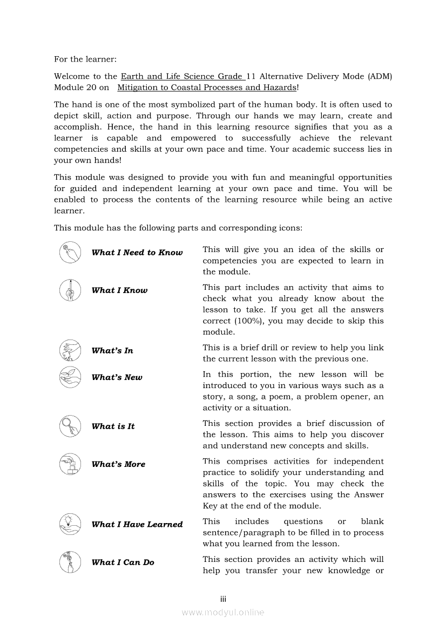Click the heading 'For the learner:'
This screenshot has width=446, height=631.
pos(85,59)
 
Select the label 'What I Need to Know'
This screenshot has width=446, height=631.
pos(137,253)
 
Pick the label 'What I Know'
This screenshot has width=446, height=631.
pos(119,290)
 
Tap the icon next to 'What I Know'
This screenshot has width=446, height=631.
pos(70,290)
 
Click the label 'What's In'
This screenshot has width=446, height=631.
pos(112,351)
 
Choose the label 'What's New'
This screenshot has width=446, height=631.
pos(117,378)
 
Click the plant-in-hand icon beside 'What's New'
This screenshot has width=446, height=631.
pos(70,377)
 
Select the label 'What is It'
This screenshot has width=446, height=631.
pos(113,426)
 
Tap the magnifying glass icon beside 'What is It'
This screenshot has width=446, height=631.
pos(70,426)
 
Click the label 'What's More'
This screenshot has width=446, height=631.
pos(118,464)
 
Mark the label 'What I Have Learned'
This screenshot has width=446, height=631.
pos(137,525)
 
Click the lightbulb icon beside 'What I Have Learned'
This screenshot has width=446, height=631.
pos(70,524)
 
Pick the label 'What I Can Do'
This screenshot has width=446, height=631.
pos(123,562)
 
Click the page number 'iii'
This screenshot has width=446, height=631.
pos(222,599)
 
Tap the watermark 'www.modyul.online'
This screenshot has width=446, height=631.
pos(223,613)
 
